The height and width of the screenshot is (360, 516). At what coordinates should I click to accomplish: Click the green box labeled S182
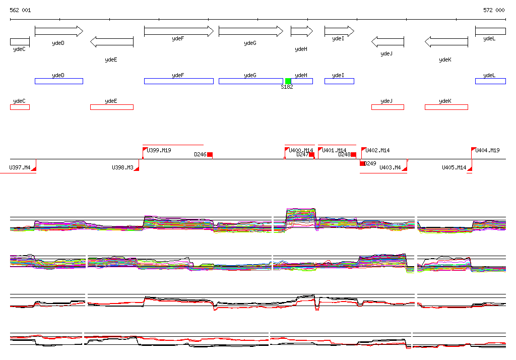pos(288,81)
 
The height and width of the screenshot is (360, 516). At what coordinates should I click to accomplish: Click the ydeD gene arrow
pos(58,31)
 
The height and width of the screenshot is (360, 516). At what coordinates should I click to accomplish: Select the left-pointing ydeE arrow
pos(111,42)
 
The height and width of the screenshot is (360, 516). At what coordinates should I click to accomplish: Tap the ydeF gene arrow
pos(178,31)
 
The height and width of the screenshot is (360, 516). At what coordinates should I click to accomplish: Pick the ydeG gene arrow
pos(250,31)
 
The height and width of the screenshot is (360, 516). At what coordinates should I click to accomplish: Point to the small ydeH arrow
pos(301,31)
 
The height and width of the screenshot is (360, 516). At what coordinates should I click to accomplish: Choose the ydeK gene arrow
pos(446,42)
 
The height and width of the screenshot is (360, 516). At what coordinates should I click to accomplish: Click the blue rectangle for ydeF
pos(178,81)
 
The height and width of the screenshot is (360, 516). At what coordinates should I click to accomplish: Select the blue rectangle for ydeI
pos(339,81)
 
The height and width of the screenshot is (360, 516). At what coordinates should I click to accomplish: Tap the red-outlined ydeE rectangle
pos(111,107)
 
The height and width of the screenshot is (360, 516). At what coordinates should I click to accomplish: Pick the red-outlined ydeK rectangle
pos(446,107)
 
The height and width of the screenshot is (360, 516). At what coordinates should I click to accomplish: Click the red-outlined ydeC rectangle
pos(20,107)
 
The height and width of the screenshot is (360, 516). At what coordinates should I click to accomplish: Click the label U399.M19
pos(159,150)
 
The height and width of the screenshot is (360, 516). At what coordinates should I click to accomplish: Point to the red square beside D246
pos(210,155)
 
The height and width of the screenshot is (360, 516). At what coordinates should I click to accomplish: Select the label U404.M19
pos(487,150)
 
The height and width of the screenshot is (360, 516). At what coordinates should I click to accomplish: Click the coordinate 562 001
pos(20,10)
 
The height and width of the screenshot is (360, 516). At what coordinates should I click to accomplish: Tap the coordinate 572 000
pos(494,10)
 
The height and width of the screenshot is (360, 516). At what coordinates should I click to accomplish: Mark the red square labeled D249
pos(362,163)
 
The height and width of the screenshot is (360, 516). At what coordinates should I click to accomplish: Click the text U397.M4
pos(20,167)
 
